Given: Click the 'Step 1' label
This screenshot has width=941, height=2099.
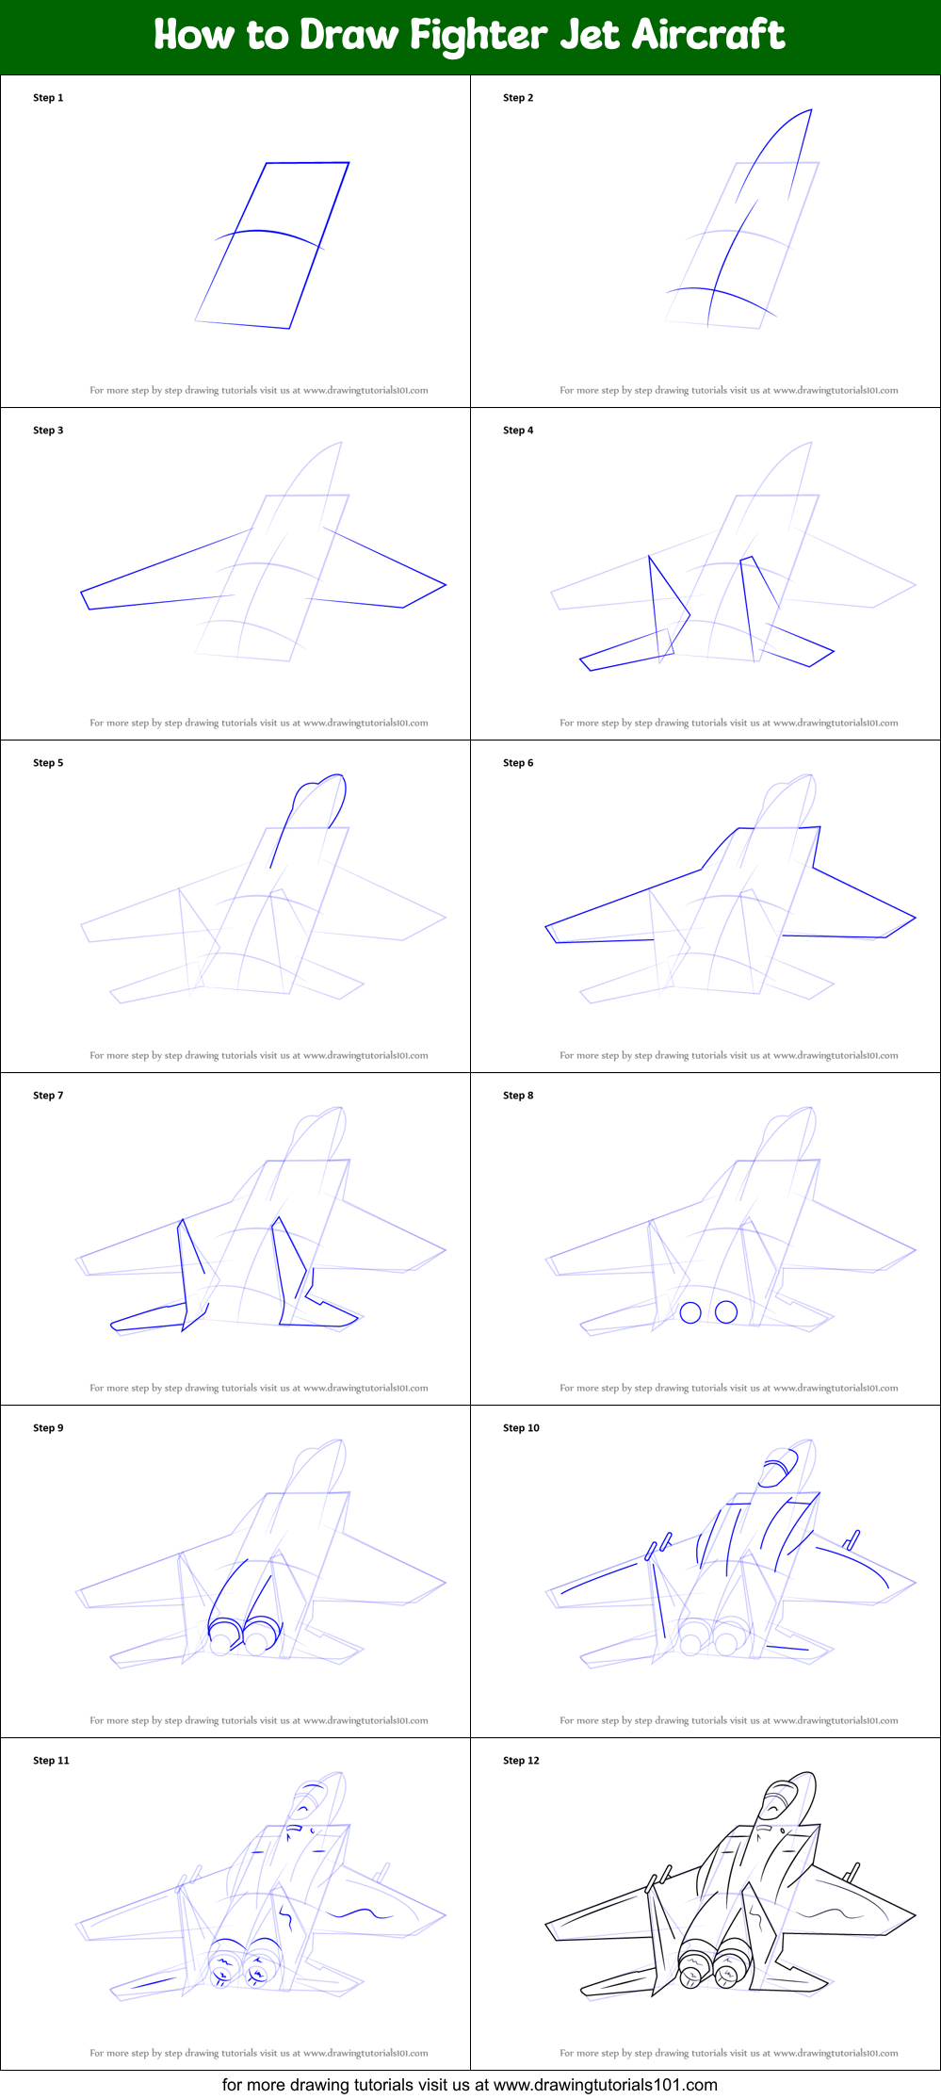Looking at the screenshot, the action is coord(48,98).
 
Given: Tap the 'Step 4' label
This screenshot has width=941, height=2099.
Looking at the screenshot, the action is coord(518,431).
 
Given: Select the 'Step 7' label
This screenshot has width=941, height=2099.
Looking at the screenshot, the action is coord(48,1096).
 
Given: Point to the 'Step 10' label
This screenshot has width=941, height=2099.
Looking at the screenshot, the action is coord(521,1428).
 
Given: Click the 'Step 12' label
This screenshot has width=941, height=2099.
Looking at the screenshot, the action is coord(521,1761).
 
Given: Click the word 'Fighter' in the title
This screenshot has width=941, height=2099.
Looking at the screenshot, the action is coord(479,36).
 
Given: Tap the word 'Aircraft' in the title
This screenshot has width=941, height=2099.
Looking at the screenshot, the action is coord(708,35).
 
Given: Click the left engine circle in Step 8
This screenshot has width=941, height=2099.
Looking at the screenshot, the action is coord(690,1312).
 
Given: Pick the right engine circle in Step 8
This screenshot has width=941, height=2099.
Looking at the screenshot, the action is coord(726,1311).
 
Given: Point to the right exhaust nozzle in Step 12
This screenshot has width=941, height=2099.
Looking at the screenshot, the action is coord(730,1964).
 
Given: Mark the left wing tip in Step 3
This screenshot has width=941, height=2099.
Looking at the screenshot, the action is coord(82,594).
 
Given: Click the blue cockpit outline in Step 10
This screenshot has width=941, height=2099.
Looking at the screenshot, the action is coord(778,1467).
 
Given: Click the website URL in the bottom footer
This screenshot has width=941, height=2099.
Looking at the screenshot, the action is coord(606,2085).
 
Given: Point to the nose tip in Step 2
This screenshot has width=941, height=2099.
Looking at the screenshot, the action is coord(811,109).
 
